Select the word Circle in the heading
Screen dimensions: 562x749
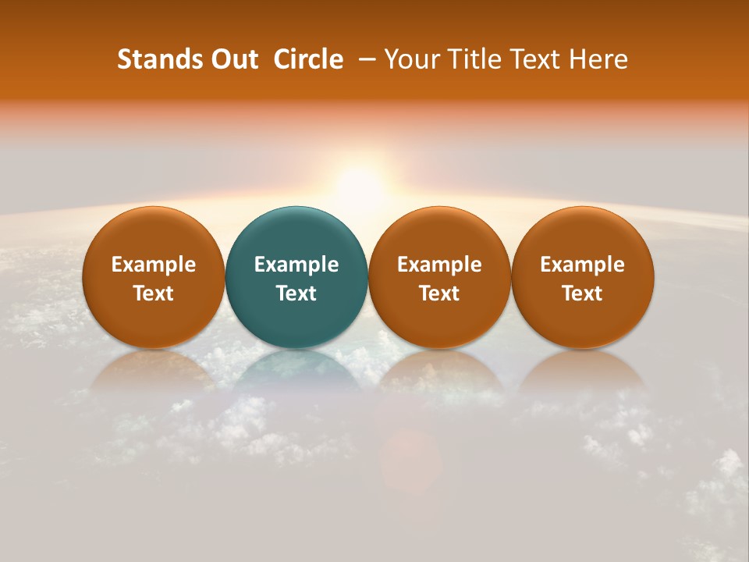click(x=308, y=59)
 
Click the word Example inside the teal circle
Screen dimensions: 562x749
click(x=296, y=265)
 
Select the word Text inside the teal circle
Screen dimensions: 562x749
click(x=296, y=293)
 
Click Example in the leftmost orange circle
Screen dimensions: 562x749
click(x=154, y=265)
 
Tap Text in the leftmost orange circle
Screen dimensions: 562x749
click(x=154, y=293)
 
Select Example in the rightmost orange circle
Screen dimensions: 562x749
click(x=583, y=265)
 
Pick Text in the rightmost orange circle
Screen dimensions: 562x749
click(x=583, y=293)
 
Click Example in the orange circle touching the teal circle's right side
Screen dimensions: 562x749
click(x=439, y=265)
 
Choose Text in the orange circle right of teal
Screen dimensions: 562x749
click(x=439, y=293)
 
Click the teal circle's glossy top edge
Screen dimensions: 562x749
click(x=296, y=212)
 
